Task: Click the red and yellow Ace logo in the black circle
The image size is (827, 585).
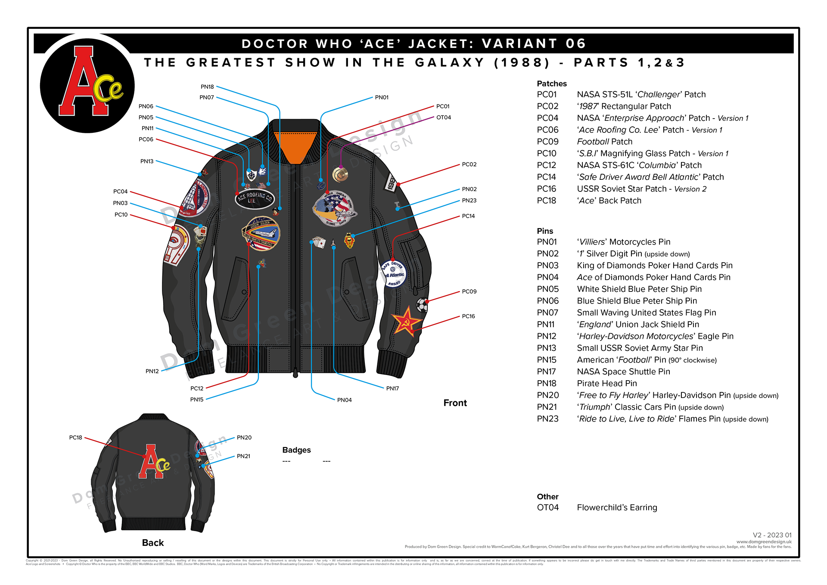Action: (88, 84)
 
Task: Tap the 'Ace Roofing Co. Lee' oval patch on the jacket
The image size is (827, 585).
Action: (255, 199)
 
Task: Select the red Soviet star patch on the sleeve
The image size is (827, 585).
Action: (405, 321)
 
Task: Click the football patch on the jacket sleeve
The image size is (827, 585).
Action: (422, 305)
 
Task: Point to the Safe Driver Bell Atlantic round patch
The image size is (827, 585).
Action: (394, 273)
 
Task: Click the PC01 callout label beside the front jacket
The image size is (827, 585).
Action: (443, 106)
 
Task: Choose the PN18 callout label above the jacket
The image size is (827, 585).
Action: (207, 87)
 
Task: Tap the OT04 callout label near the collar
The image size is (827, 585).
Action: (444, 117)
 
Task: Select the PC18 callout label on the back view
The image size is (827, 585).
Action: (76, 438)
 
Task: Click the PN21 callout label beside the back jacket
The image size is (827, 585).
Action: (243, 456)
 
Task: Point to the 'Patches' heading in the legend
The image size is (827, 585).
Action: (551, 84)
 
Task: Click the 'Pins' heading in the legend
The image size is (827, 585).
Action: (545, 231)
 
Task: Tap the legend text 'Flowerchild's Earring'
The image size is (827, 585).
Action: (617, 507)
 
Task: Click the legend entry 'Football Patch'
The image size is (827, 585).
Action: (604, 141)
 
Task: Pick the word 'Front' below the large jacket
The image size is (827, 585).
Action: (455, 403)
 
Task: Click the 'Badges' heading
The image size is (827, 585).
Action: (296, 450)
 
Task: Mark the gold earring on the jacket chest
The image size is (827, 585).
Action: (340, 175)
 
